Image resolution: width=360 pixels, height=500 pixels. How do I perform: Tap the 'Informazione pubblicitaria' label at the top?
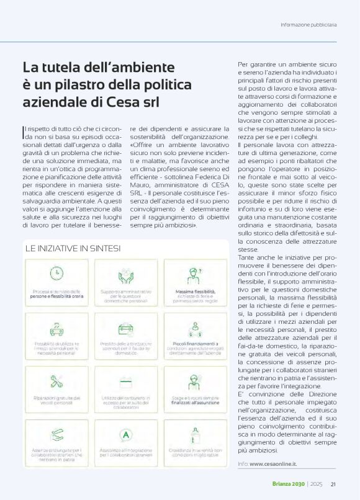pyautogui.click(x=308, y=25)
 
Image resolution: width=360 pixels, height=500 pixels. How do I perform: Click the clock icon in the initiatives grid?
pyautogui.click(x=56, y=273)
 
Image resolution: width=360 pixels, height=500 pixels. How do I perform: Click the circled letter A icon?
pyautogui.click(x=125, y=434)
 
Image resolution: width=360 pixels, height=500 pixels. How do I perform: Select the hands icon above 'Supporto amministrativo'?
pyautogui.click(x=125, y=273)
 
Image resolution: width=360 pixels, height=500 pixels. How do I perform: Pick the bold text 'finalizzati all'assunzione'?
pyautogui.click(x=196, y=401)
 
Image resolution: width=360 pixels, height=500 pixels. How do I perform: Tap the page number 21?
pyautogui.click(x=333, y=484)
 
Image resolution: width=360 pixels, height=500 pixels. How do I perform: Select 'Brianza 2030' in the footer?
pyautogui.click(x=290, y=484)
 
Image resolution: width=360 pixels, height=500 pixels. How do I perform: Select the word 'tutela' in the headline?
pyautogui.click(x=61, y=66)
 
